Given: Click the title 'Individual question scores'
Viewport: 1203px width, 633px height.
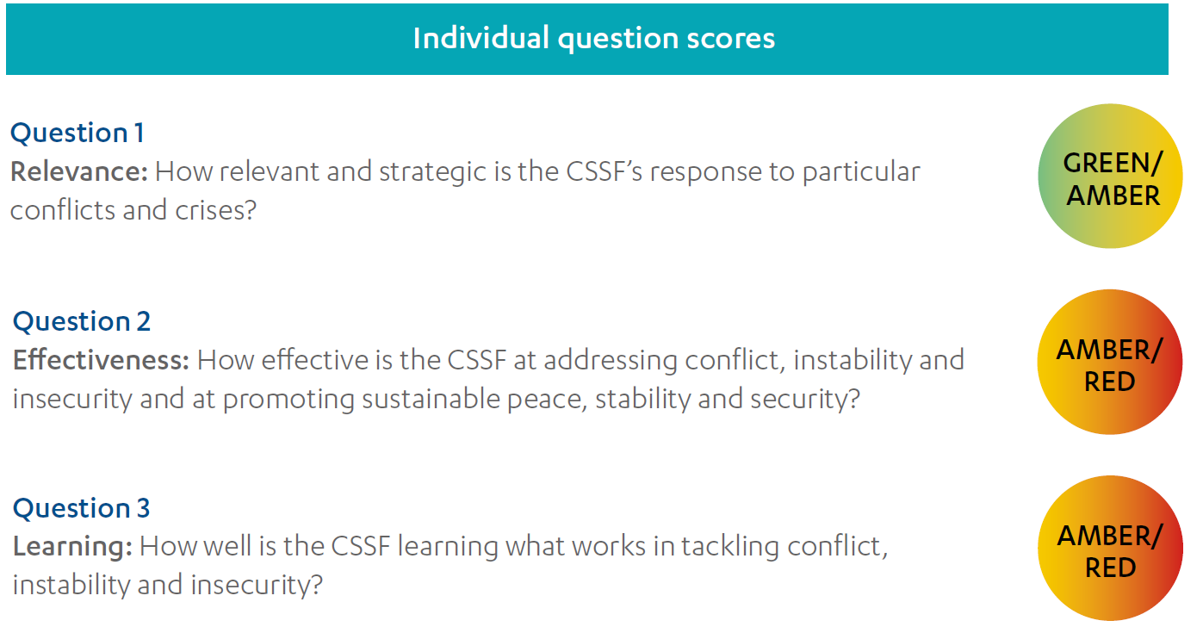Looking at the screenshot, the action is [x=594, y=39].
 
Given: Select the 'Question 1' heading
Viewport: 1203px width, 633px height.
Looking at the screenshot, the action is [x=78, y=133].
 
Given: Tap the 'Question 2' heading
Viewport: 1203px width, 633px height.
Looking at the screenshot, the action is [x=82, y=321].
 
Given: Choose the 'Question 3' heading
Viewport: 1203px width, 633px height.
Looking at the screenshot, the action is [x=81, y=508].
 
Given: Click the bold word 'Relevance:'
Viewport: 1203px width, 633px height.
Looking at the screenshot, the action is [x=79, y=171].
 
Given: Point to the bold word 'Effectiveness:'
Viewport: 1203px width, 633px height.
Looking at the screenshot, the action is [x=101, y=360].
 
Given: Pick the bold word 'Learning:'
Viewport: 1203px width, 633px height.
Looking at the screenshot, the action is [x=72, y=547].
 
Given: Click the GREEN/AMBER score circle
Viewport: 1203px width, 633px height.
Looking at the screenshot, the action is [x=1110, y=176].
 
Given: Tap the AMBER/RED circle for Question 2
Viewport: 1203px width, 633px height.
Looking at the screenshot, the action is [x=1109, y=362].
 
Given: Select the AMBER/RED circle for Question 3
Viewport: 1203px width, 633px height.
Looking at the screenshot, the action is [x=1110, y=549].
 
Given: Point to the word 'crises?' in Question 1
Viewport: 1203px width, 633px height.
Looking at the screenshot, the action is [x=216, y=210].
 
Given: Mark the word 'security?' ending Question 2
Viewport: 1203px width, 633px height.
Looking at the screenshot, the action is [x=805, y=400].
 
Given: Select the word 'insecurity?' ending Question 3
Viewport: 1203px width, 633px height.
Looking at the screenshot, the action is [x=257, y=586].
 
